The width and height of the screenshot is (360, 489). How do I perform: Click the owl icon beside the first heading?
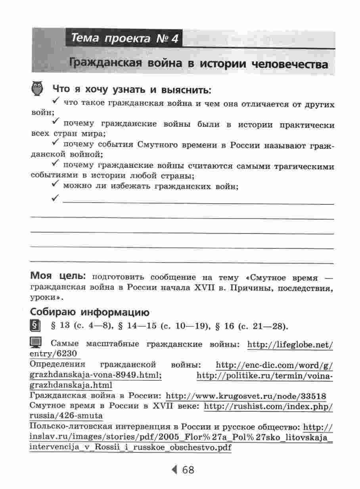pos(38,89)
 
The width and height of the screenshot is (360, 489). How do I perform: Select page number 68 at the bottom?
pos(188,470)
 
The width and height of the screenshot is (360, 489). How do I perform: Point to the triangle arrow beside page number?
pos(174,470)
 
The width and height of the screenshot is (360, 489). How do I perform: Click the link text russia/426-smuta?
pos(66,416)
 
